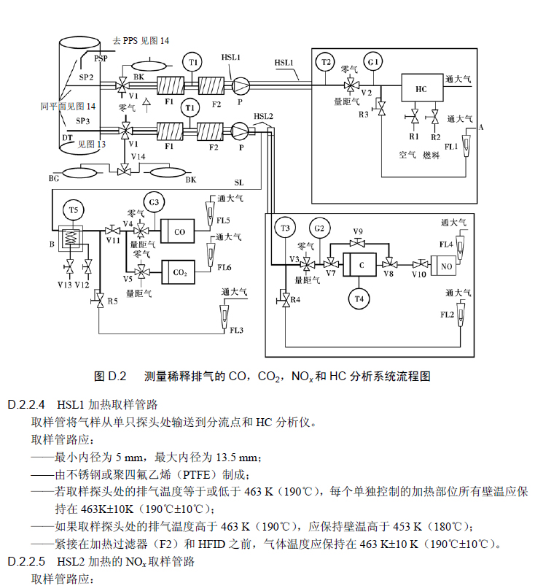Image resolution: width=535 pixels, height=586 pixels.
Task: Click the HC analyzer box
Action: [x=421, y=89]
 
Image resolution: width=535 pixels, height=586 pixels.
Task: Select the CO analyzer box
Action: [x=179, y=232]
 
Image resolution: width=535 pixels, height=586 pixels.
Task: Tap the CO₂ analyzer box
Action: [x=179, y=271]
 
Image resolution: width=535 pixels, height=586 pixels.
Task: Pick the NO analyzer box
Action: [x=446, y=265]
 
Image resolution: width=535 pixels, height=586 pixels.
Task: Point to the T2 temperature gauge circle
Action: [x=325, y=62]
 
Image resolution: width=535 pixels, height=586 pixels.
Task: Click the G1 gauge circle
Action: [x=373, y=63]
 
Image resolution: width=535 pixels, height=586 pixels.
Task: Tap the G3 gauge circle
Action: [x=154, y=201]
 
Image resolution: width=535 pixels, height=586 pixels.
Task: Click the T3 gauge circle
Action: [x=285, y=228]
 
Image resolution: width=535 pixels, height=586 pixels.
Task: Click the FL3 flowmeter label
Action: [x=235, y=331]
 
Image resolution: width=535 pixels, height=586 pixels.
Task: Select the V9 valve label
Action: [x=358, y=231]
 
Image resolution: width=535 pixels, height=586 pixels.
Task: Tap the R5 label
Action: [x=112, y=301]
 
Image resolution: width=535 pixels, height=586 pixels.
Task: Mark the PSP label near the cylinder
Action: [x=101, y=58]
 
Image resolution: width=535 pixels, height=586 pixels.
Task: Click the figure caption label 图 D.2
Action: [x=111, y=377]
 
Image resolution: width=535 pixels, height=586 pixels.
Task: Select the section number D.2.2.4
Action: [x=27, y=404]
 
